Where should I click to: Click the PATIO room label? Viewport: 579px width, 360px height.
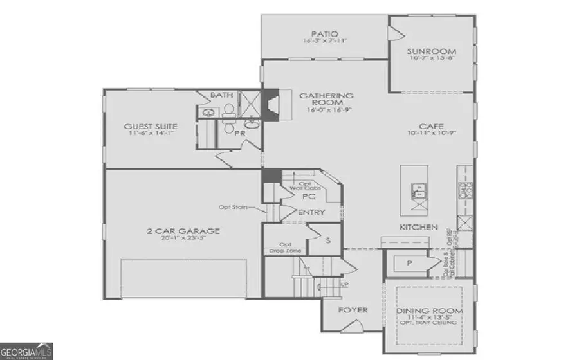click(x=324, y=34)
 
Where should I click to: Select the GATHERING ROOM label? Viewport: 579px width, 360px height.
click(x=326, y=98)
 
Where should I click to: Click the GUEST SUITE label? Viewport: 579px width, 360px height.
click(x=151, y=127)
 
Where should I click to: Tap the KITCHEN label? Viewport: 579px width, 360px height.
click(x=419, y=228)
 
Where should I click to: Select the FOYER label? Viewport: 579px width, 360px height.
click(x=353, y=310)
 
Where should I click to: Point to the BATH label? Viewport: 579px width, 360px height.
click(x=221, y=95)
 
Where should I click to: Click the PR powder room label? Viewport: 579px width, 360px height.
click(x=239, y=133)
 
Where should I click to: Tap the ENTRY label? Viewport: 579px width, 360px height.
click(x=311, y=213)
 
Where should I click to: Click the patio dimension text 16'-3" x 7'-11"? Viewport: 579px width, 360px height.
click(x=324, y=41)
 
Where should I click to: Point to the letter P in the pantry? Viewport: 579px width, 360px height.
click(x=407, y=263)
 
